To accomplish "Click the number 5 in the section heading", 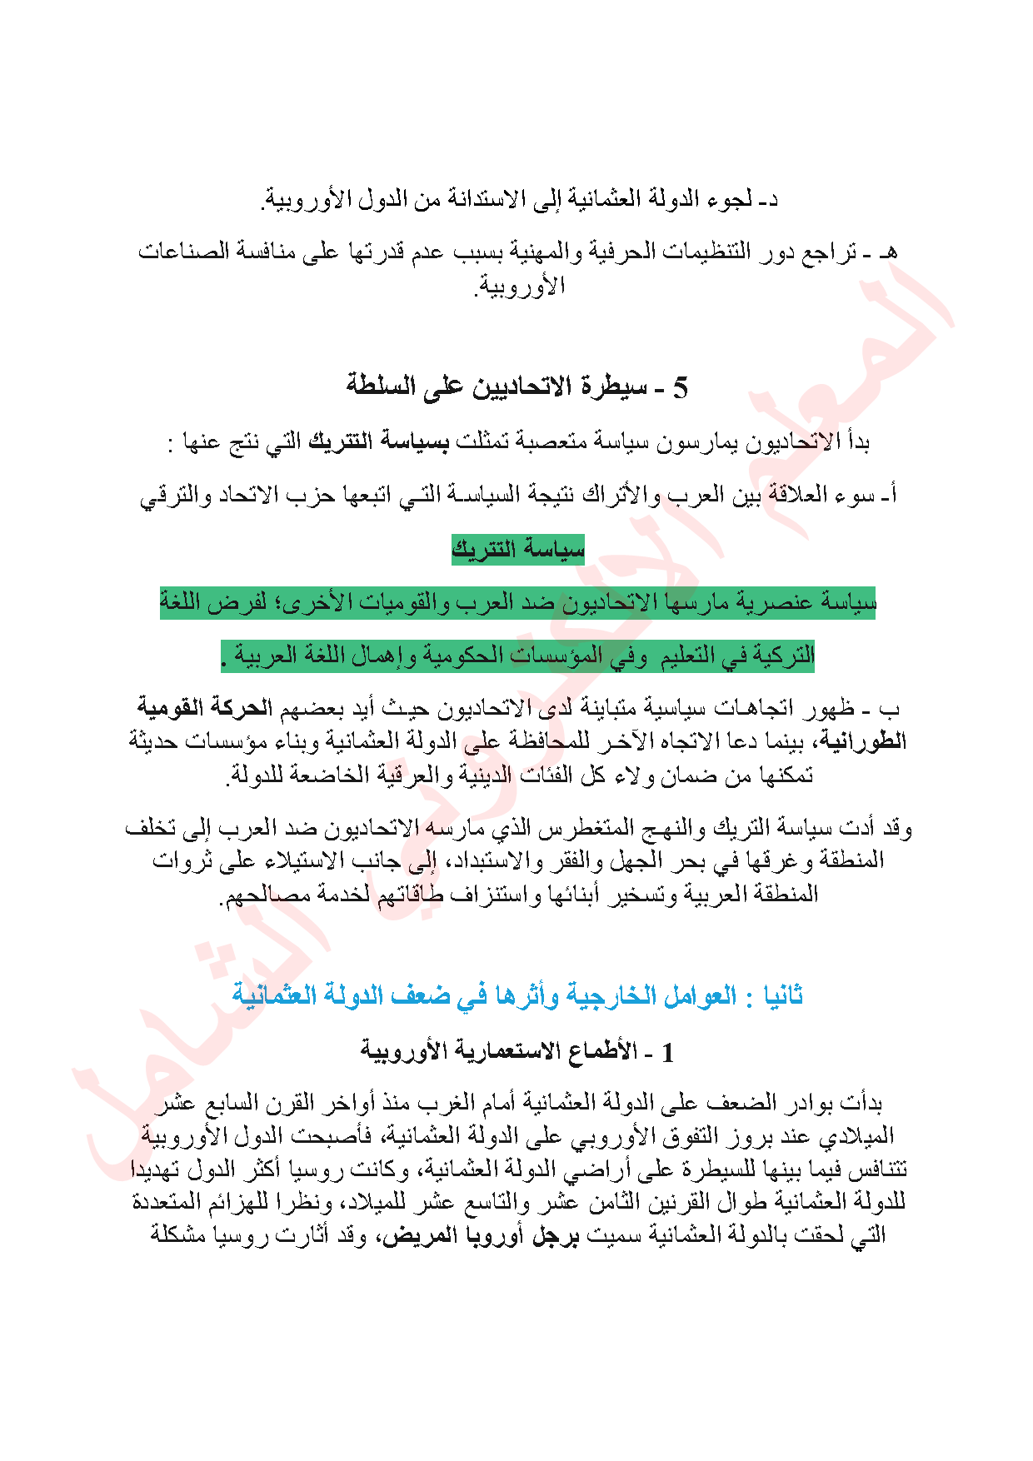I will pyautogui.click(x=680, y=387).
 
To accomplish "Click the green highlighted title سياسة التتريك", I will pyautogui.click(x=517, y=550).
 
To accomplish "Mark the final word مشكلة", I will pyautogui.click(x=179, y=1234).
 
